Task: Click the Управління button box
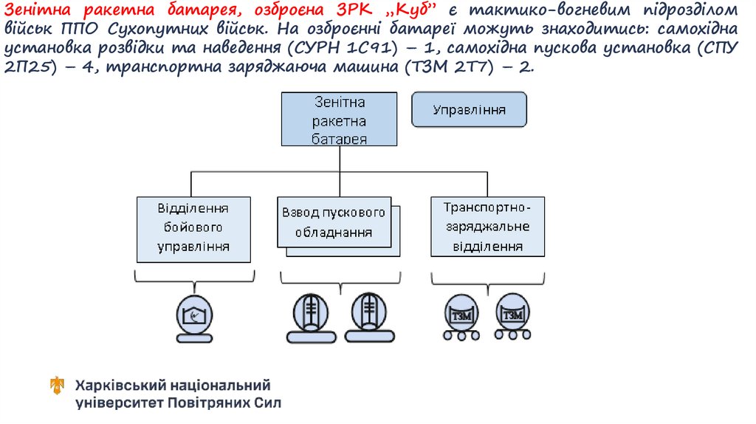(x=469, y=111)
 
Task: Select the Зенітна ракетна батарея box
(x=339, y=119)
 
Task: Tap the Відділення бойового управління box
(x=193, y=228)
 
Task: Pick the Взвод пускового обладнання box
(x=334, y=222)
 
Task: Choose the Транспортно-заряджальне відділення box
(x=487, y=226)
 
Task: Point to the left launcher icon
(x=311, y=315)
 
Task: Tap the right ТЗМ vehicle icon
(x=512, y=316)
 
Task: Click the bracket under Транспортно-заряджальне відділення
(x=487, y=278)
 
